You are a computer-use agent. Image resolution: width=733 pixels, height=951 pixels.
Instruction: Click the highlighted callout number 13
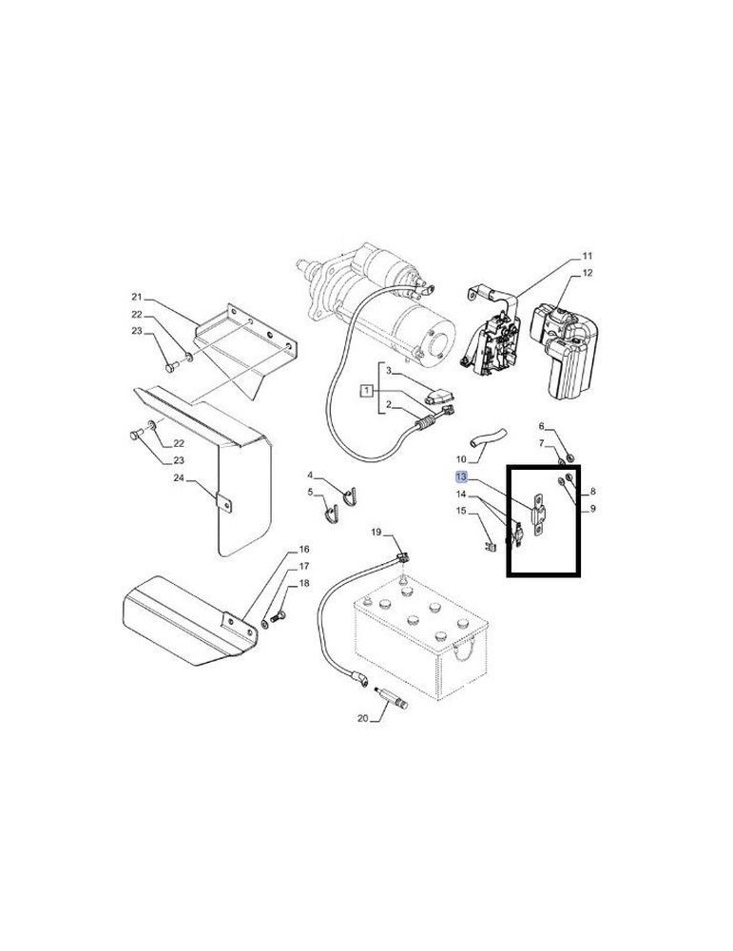[x=461, y=476]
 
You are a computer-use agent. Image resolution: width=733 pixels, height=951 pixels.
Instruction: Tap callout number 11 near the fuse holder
[x=587, y=256]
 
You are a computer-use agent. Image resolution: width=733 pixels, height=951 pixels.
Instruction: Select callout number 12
[x=587, y=273]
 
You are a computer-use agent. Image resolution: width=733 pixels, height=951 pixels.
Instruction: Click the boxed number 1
[x=367, y=390]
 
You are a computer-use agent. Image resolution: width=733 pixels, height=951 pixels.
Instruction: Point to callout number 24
[x=179, y=478]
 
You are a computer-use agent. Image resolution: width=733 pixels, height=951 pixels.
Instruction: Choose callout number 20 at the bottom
[x=362, y=718]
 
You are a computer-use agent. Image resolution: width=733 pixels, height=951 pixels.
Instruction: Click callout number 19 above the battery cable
[x=376, y=533]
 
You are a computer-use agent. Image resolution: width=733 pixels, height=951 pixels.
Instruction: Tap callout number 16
[x=303, y=549]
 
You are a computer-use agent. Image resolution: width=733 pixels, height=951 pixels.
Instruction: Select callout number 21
[x=136, y=297]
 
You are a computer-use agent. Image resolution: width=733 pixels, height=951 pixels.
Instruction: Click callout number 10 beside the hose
[x=461, y=459]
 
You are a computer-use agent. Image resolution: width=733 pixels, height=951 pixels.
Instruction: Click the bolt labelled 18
[x=280, y=618]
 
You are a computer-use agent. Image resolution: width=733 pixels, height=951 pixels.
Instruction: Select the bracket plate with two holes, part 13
[x=538, y=516]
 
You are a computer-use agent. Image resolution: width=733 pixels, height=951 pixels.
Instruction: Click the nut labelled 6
[x=569, y=457]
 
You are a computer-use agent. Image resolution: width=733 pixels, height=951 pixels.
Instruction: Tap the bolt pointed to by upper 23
[x=170, y=366]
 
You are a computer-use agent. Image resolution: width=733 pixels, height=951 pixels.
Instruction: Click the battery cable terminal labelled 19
[x=402, y=555]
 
